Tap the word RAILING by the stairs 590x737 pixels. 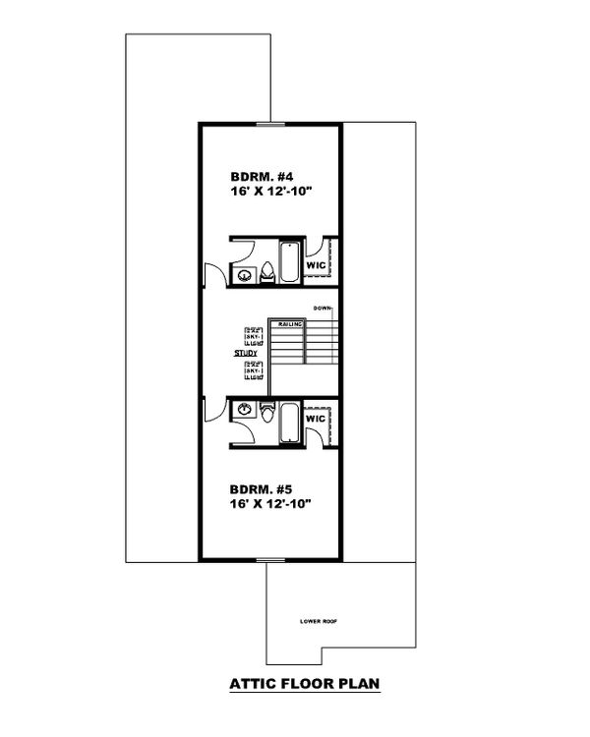pyautogui.click(x=289, y=322)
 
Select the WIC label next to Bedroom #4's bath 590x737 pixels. pyautogui.click(x=316, y=265)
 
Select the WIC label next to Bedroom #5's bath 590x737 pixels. pyautogui.click(x=316, y=420)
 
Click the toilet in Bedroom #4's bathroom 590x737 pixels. pyautogui.click(x=267, y=273)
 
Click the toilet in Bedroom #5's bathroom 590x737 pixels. pyautogui.click(x=267, y=410)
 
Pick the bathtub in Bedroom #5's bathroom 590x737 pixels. pyautogui.click(x=290, y=423)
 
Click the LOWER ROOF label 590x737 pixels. pyautogui.click(x=320, y=622)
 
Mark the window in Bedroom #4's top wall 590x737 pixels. pyautogui.click(x=269, y=123)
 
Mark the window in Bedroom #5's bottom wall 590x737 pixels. pyautogui.click(x=269, y=560)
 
